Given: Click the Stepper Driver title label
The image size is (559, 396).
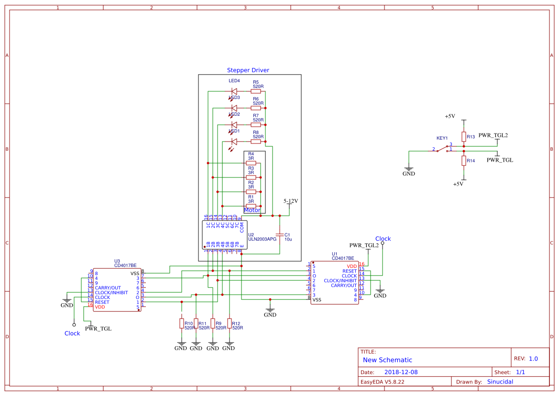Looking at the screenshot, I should (x=248, y=70).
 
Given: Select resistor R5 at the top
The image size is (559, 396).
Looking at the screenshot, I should (x=256, y=91).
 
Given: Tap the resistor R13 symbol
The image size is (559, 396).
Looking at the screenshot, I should (x=463, y=136).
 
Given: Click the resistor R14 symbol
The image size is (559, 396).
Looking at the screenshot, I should (x=463, y=160).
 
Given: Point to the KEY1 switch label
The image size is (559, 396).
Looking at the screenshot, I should (x=442, y=138).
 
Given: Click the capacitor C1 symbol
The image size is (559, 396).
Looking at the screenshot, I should (x=280, y=235).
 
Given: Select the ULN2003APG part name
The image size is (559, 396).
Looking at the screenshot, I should (x=262, y=239).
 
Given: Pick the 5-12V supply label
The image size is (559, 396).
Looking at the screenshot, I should (x=291, y=201).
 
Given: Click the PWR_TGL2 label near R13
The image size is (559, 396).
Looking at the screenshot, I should (x=493, y=135).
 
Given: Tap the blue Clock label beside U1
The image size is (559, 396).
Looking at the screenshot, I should (x=383, y=239).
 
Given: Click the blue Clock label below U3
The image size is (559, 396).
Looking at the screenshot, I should (x=72, y=333).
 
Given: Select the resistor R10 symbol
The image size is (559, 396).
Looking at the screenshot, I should (x=181, y=324).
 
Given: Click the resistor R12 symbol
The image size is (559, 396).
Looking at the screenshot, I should (x=229, y=324).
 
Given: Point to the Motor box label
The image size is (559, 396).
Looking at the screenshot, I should (x=252, y=210).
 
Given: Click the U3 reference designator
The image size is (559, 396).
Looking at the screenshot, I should (x=117, y=261).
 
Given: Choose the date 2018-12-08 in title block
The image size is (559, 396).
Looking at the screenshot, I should (x=401, y=372).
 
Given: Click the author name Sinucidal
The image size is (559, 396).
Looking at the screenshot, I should (x=500, y=382).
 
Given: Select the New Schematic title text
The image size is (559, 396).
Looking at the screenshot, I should (x=387, y=360).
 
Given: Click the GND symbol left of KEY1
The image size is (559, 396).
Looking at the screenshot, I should (x=409, y=168).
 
